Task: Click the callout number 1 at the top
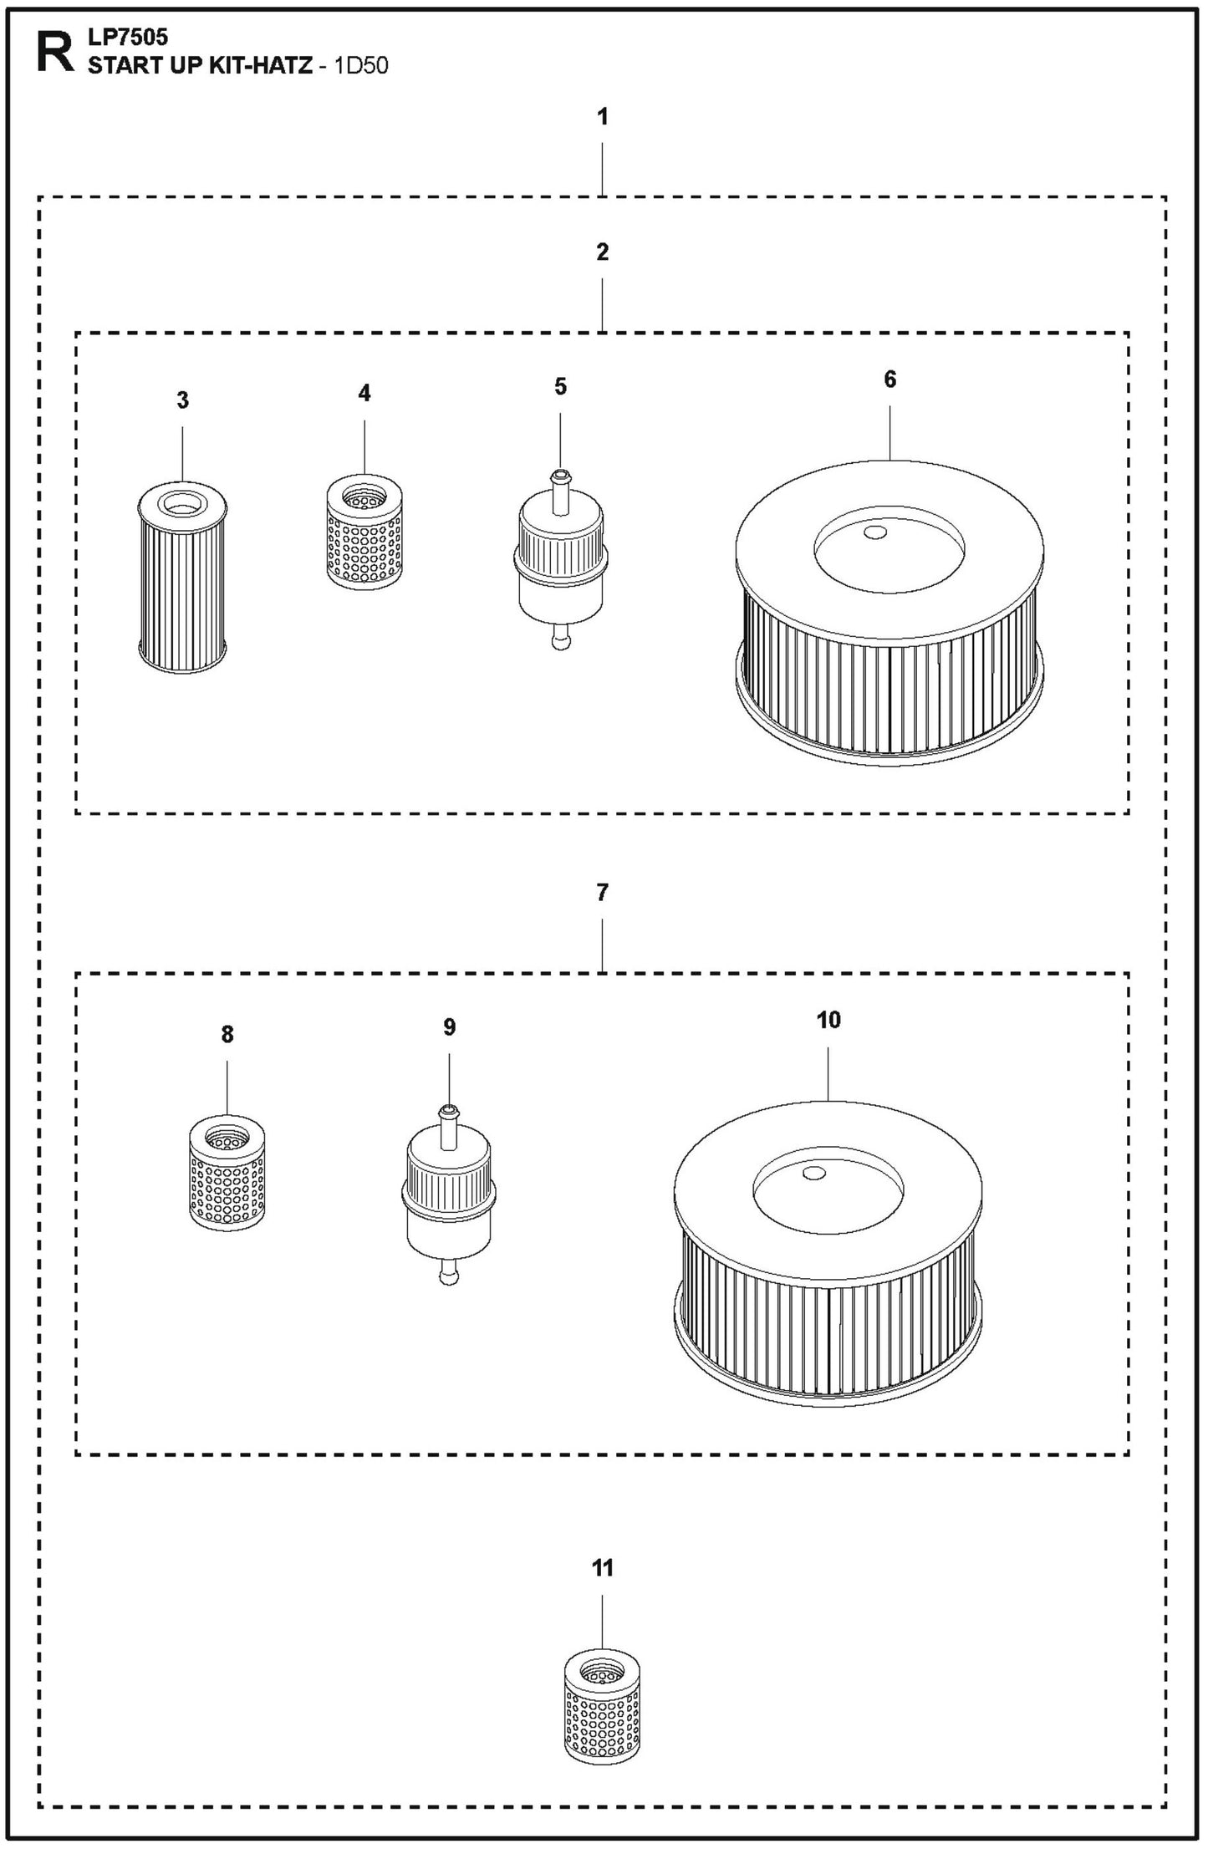(x=603, y=117)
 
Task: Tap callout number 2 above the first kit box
(x=603, y=252)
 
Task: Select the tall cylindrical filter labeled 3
(x=182, y=578)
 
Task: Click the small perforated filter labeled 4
(x=364, y=531)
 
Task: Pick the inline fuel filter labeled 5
(x=561, y=560)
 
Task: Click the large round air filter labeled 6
(x=889, y=613)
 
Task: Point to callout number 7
(x=603, y=893)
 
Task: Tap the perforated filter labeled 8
(x=227, y=1173)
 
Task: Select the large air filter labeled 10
(x=828, y=1254)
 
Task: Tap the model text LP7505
(x=128, y=38)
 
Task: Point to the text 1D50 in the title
(x=361, y=66)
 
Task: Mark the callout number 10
(x=828, y=1020)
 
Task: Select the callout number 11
(x=603, y=1567)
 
